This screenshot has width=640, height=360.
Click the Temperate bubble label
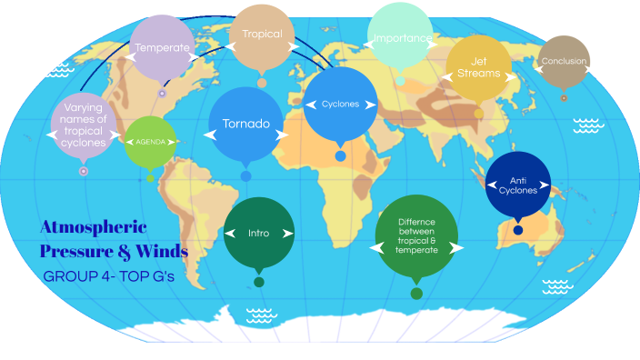[x=162, y=47]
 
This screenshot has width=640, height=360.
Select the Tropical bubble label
[x=262, y=35]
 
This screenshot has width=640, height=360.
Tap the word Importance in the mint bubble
[x=401, y=38]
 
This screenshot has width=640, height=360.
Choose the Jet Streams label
[x=478, y=67]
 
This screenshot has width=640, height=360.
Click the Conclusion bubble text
[x=564, y=62]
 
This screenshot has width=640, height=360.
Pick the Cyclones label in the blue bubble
[x=340, y=105]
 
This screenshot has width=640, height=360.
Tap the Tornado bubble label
[x=246, y=124]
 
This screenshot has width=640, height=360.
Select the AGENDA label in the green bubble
[x=150, y=143]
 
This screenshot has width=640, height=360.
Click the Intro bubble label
[x=259, y=234]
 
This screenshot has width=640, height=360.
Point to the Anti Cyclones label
[x=518, y=185]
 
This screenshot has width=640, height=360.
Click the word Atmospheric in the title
[x=94, y=226]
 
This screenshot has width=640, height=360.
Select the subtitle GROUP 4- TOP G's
[x=108, y=275]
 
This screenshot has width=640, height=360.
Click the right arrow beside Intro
[x=287, y=234]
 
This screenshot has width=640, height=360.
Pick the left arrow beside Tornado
[x=210, y=135]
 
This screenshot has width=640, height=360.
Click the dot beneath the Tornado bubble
[x=245, y=175]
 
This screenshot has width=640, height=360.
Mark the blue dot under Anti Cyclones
[x=518, y=230]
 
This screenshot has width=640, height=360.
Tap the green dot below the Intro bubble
[x=259, y=282]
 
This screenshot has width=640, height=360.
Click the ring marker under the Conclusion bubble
[x=564, y=97]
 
